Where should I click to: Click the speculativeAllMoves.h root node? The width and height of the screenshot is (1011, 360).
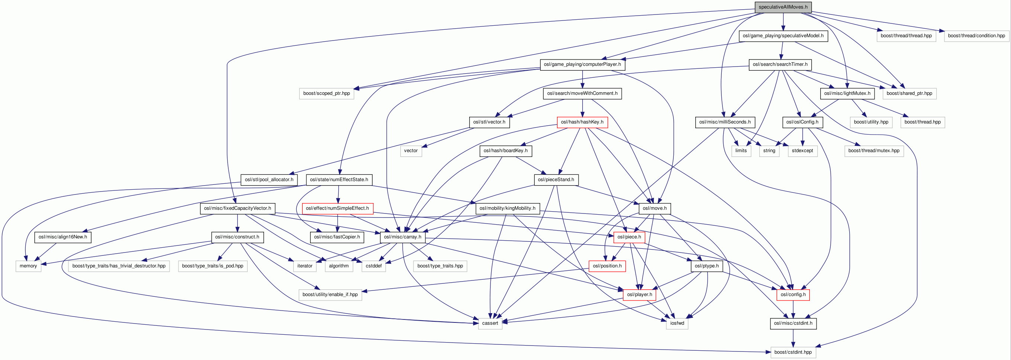(783, 7)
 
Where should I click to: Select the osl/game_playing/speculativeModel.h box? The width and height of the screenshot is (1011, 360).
(783, 36)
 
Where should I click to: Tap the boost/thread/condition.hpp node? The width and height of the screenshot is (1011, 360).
(976, 36)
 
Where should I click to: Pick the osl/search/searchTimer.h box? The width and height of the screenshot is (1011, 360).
(780, 64)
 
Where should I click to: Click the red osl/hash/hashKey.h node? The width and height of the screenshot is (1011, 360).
(582, 122)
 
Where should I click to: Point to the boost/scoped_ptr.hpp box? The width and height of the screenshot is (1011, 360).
(326, 93)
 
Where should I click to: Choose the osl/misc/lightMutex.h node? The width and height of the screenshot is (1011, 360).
(847, 93)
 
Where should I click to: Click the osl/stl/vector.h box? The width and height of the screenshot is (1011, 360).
(489, 122)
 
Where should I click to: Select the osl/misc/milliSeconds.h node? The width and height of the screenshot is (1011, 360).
(724, 122)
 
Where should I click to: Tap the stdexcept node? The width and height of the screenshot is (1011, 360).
(802, 151)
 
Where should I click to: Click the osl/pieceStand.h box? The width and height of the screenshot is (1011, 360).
(556, 180)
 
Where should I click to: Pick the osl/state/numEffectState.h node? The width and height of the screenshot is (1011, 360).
(339, 180)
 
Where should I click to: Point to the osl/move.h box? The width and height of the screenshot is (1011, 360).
(655, 209)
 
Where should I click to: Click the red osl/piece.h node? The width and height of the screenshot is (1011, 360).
(629, 237)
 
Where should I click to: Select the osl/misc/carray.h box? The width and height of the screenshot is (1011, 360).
(402, 237)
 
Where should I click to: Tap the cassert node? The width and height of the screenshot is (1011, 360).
(490, 324)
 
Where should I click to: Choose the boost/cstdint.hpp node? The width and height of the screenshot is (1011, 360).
(793, 352)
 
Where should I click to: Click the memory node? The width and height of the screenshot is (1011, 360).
(28, 266)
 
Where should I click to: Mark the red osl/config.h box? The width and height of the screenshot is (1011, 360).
(793, 295)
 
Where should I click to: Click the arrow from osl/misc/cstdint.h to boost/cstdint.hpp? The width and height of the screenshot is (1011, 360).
(793, 338)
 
